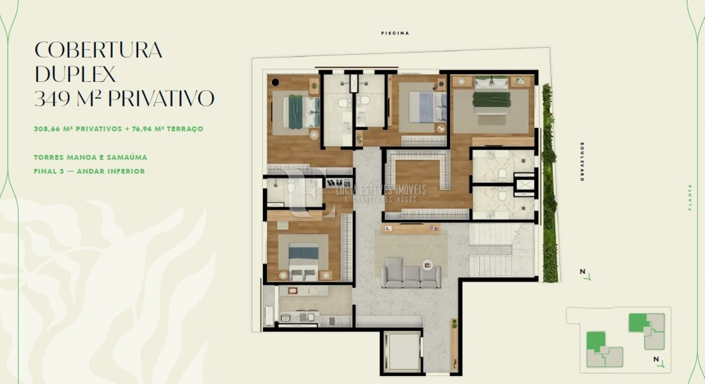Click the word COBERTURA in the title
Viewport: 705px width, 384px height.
[x=98, y=50]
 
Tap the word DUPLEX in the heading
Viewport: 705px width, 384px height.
[x=75, y=74]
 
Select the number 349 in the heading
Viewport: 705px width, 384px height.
[x=52, y=98]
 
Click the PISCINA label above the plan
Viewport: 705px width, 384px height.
[x=395, y=33]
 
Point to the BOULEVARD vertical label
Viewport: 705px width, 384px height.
[x=582, y=161]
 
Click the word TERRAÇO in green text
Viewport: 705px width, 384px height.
[x=185, y=129]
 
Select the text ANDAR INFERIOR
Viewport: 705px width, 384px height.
[x=111, y=171]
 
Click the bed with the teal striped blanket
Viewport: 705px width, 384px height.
[x=301, y=112]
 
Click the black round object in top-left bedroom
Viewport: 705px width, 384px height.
[x=275, y=82]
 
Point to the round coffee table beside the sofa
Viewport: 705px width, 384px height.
[x=428, y=265]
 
